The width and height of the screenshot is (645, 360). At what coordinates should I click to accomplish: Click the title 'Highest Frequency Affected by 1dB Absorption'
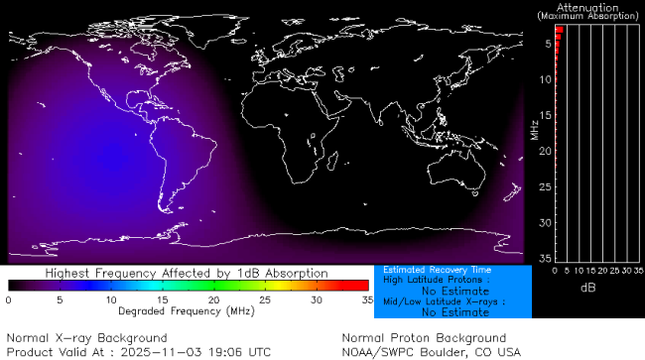(x=188, y=273)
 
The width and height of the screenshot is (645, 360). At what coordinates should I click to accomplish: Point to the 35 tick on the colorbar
(x=366, y=299)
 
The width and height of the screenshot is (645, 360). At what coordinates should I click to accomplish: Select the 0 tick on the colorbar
(x=8, y=299)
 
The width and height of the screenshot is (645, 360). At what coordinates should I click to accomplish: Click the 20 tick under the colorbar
(x=213, y=299)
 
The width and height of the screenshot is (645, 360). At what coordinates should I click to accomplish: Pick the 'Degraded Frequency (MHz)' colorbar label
(x=188, y=310)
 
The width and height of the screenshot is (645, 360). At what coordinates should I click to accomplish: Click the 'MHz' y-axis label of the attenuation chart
(x=534, y=130)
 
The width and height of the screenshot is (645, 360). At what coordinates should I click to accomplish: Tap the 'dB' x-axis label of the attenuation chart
(x=586, y=287)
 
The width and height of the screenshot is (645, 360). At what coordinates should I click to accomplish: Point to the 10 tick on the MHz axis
(x=546, y=79)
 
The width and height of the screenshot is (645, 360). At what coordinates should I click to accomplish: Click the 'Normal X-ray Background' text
(x=72, y=338)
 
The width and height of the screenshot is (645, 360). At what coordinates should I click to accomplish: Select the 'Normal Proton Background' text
(x=424, y=338)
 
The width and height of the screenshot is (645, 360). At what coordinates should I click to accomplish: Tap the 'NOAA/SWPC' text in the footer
(x=375, y=351)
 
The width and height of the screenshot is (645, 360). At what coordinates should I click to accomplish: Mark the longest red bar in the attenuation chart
(x=559, y=30)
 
